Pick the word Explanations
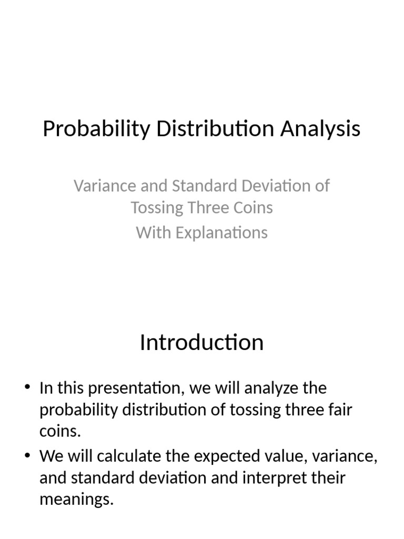(221, 233)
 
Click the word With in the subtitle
(154, 233)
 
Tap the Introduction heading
(201, 343)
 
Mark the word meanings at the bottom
(76, 500)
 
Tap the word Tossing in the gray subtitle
(157, 207)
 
